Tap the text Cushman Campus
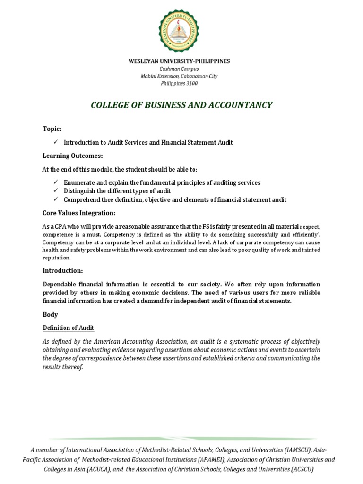point(181,69)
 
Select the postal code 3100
point(191,84)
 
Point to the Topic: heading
point(52,129)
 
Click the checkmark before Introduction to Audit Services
point(55,142)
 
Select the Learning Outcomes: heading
point(73,156)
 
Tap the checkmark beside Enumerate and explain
point(55,182)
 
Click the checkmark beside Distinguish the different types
point(55,191)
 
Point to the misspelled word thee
point(104,200)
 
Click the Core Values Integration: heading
point(78,213)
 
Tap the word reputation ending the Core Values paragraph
point(56,258)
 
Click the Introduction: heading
point(63,270)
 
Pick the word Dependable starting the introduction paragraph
point(60,284)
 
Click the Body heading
point(50,314)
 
